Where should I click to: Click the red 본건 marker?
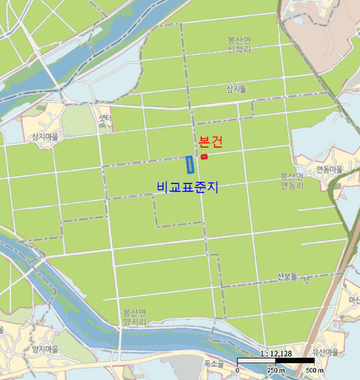pos(204,157)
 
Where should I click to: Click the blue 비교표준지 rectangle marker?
pos(190,165)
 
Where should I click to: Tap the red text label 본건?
pos(211,142)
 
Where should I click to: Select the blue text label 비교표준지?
pos(187,187)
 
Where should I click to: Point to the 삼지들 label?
pos(236,90)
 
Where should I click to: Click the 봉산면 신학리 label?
pos(239,45)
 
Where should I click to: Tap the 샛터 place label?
pos(105,118)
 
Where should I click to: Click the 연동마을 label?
pos(330,169)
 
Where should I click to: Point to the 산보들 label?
pos(287,276)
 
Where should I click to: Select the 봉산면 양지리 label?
pos(134,317)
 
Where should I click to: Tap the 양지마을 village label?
pos(45,349)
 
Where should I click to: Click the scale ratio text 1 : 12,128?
pos(276,353)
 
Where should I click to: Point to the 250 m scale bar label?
pos(276,370)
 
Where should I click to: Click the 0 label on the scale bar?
pos(237,370)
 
